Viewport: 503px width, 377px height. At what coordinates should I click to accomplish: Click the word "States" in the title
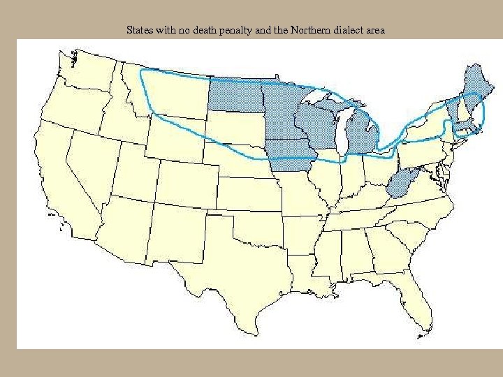tap(139, 30)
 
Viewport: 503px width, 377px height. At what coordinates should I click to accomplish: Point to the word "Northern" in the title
tap(300, 30)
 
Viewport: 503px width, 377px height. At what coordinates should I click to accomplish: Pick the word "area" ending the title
tap(374, 30)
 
